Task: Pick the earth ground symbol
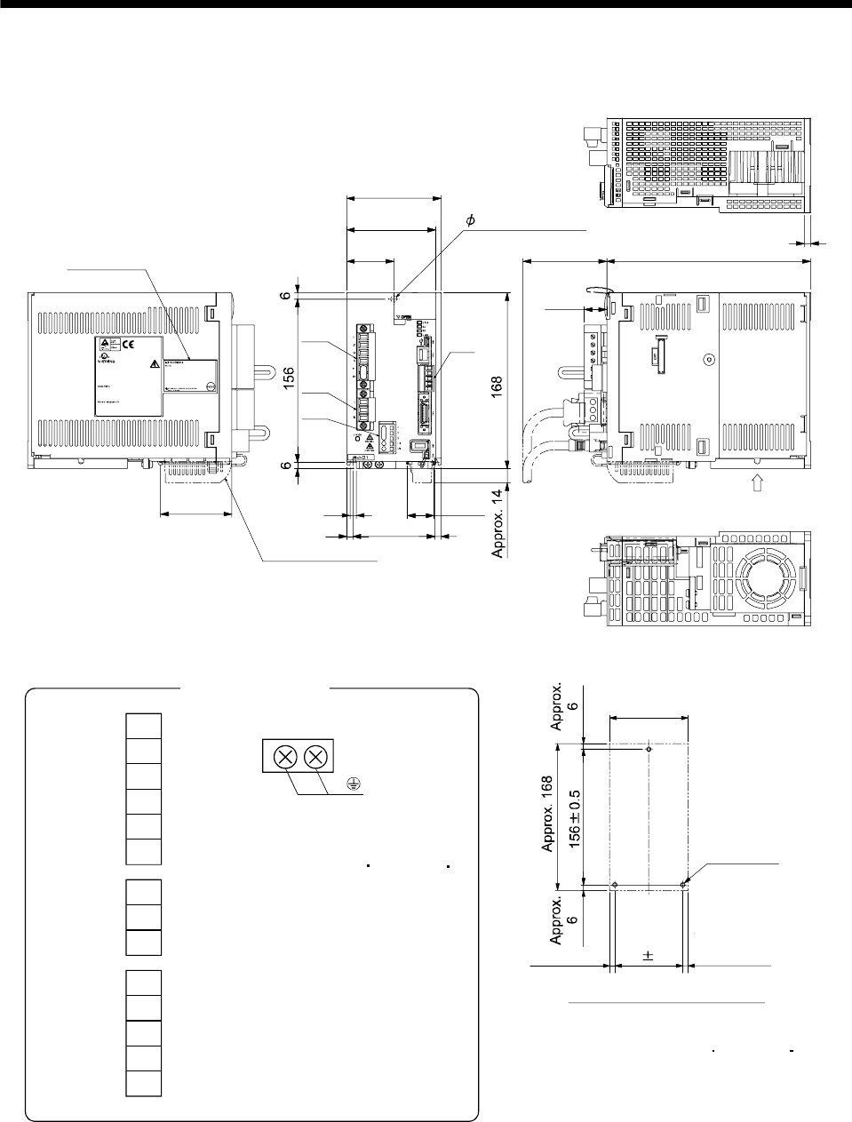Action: tap(353, 783)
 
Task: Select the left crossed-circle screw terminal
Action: tap(284, 758)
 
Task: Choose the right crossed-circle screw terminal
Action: tap(315, 758)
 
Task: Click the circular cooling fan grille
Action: tap(761, 579)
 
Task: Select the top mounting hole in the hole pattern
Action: tap(649, 749)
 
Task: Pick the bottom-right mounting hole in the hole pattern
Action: tap(682, 885)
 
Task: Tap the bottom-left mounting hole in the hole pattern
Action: tap(615, 885)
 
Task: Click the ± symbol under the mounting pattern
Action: tap(649, 956)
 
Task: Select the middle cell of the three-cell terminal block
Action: tap(143, 917)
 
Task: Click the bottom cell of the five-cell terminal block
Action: tap(143, 1084)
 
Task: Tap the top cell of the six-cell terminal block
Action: tap(143, 726)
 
